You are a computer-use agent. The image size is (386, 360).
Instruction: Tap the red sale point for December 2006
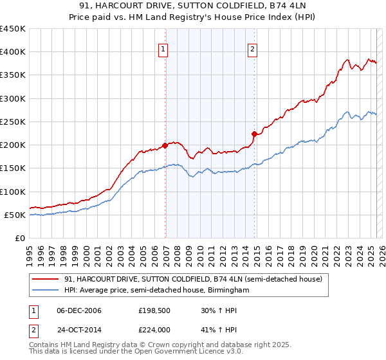pyautogui.click(x=165, y=145)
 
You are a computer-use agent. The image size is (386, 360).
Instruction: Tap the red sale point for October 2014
pyautogui.click(x=255, y=134)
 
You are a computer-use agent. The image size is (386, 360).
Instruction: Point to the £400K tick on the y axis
pyautogui.click(x=13, y=52)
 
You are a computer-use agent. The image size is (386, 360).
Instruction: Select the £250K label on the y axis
pyautogui.click(x=13, y=122)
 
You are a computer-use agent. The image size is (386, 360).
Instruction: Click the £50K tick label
pyautogui.click(x=15, y=215)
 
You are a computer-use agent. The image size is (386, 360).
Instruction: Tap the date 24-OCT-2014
pyautogui.click(x=79, y=329)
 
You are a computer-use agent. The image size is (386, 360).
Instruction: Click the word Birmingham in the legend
pyautogui.click(x=228, y=291)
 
